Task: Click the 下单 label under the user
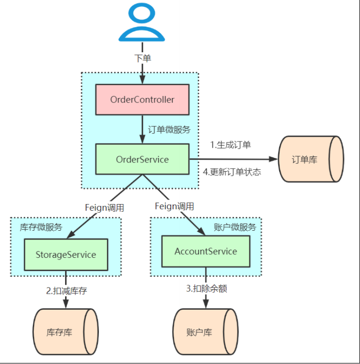142,58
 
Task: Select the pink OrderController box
142,99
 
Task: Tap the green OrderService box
142,159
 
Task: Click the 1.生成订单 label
230,145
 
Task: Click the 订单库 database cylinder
309,159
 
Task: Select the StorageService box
66,255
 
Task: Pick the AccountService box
206,251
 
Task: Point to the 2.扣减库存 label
67,291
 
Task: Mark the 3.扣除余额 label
206,288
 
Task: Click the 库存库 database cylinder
65,332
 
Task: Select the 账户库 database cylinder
205,332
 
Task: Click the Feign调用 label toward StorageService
104,208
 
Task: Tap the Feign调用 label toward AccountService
174,206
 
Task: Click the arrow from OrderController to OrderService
142,129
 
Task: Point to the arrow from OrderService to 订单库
233,159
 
